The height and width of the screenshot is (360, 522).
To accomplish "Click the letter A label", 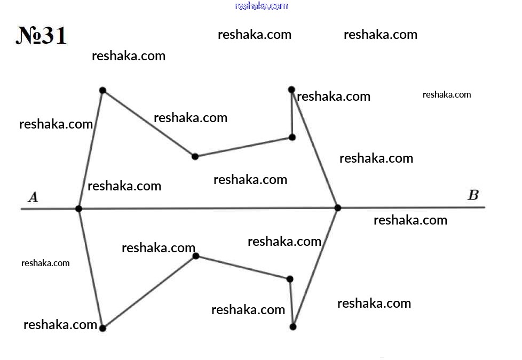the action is click(x=33, y=197).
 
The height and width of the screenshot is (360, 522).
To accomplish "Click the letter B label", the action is click(x=473, y=195).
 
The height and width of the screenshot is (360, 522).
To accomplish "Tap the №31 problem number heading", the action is click(x=41, y=35).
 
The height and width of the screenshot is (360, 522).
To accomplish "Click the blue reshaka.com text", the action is click(x=262, y=6).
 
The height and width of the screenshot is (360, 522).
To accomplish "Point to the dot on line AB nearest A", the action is click(x=78, y=209).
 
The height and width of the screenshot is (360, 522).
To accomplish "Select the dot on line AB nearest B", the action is click(x=337, y=208).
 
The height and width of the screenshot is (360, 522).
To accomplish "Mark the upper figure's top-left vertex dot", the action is click(x=102, y=91).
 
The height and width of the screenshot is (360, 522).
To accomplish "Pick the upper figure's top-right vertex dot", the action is click(x=291, y=90).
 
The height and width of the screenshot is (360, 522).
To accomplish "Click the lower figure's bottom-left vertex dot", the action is click(x=102, y=328).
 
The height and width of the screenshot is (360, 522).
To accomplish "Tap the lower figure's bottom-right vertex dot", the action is click(x=293, y=327).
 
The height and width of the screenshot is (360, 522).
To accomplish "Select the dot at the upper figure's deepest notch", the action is click(x=195, y=156).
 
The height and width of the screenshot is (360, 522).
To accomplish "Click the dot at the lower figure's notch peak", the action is click(x=196, y=256).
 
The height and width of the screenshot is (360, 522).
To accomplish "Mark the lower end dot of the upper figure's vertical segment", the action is click(x=292, y=138).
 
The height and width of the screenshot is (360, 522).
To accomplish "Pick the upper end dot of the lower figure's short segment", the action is click(x=290, y=279).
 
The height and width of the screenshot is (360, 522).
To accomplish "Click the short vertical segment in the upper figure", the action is click(x=292, y=114).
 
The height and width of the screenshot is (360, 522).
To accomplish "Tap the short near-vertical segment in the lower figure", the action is click(x=291, y=303).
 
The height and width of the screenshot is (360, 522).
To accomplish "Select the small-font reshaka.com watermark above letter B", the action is click(x=447, y=95).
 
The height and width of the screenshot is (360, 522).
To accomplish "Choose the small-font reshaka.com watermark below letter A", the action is click(x=45, y=263).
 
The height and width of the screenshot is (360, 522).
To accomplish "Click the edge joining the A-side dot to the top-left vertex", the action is click(x=91, y=150).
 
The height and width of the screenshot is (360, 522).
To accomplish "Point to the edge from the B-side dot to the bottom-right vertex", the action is click(x=315, y=268).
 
